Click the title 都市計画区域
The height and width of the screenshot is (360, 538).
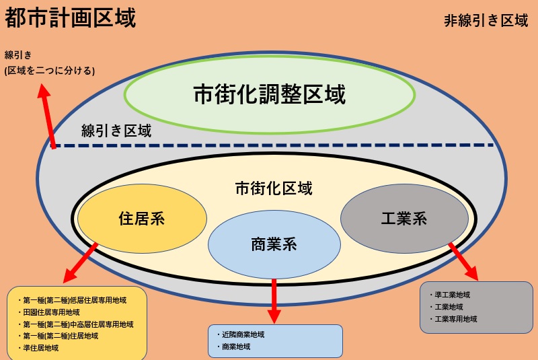pyautogui.click(x=71, y=18)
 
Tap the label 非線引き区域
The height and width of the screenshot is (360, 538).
pyautogui.click(x=486, y=21)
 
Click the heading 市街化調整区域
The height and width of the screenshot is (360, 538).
pyautogui.click(x=270, y=94)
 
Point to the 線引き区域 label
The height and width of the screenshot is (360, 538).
pyautogui.click(x=116, y=131)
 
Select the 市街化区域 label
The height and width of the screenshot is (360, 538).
pyautogui.click(x=274, y=188)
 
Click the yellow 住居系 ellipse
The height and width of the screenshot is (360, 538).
pyautogui.click(x=142, y=219)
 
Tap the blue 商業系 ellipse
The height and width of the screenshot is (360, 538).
pyautogui.click(x=274, y=244)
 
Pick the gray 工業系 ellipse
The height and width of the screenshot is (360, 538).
pyautogui.click(x=404, y=219)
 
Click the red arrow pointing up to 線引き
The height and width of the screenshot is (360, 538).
pyautogui.click(x=46, y=116)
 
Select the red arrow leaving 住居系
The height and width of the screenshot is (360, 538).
pyautogui.click(x=81, y=263)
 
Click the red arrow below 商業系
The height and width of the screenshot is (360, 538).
pyautogui.click(x=274, y=301)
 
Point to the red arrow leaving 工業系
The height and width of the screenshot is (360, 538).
pyautogui.click(x=463, y=262)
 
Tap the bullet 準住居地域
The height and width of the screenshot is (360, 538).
pyautogui.click(x=38, y=348)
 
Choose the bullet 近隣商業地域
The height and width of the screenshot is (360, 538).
pyautogui.click(x=241, y=334)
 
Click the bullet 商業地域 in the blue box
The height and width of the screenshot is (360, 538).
pyautogui.click(x=233, y=347)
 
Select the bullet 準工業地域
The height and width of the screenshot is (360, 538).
pyautogui.click(x=450, y=295)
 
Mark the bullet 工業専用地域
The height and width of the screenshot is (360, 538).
pyautogui.click(x=453, y=319)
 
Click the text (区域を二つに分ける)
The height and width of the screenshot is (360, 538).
pyautogui.click(x=49, y=71)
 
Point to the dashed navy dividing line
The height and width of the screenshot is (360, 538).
pyautogui.click(x=274, y=145)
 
